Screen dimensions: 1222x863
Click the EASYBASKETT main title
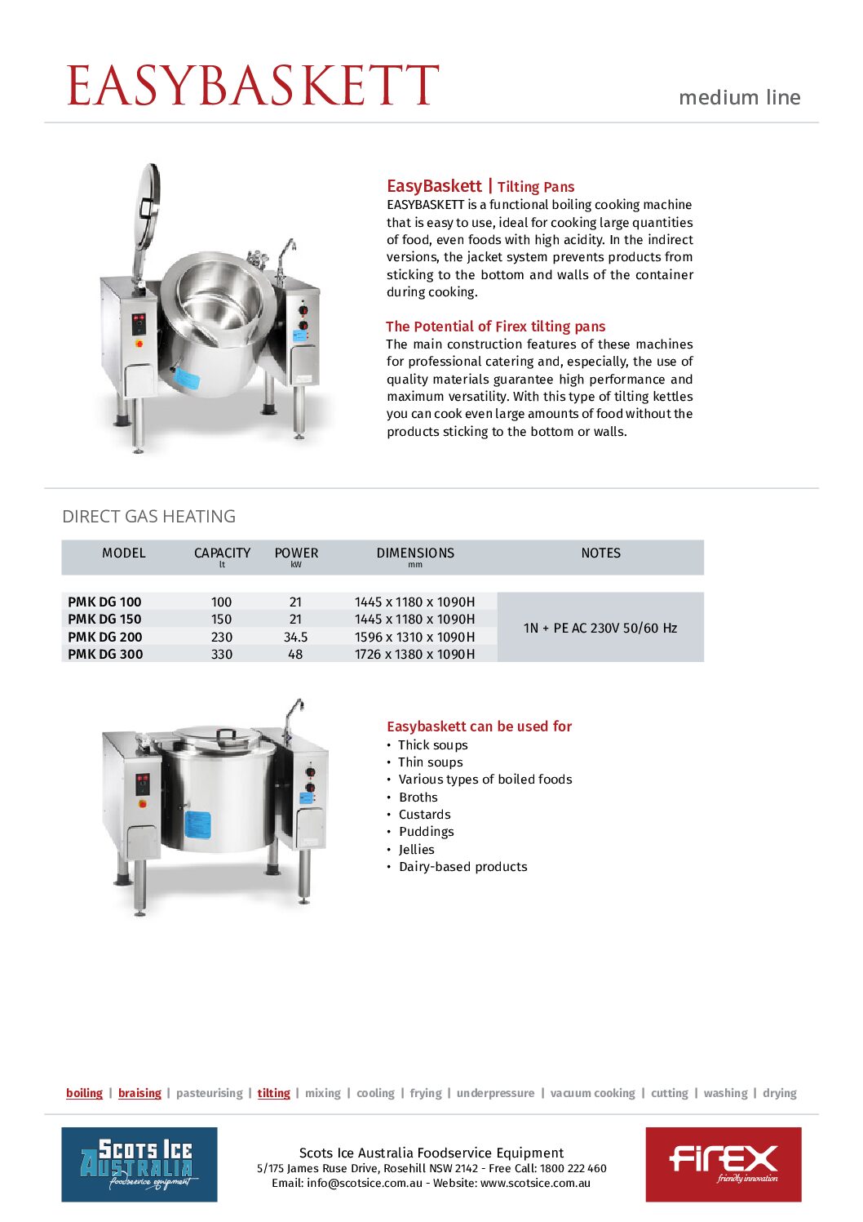click(x=253, y=86)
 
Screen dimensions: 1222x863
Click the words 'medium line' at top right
click(x=739, y=98)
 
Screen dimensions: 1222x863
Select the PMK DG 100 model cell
click(x=104, y=602)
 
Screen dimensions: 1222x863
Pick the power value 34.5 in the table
click(x=295, y=637)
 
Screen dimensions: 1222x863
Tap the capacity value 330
click(x=221, y=654)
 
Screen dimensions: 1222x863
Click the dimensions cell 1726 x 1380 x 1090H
click(x=414, y=654)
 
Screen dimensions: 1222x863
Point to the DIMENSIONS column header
click(x=415, y=553)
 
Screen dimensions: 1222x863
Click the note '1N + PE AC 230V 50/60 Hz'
click(x=600, y=628)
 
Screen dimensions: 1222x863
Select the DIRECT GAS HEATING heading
click(x=148, y=517)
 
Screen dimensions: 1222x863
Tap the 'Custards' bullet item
click(x=424, y=815)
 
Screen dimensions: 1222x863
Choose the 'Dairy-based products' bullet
click(x=462, y=867)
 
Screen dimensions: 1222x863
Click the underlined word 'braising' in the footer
click(x=139, y=1093)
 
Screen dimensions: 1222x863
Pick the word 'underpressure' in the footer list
click(x=495, y=1093)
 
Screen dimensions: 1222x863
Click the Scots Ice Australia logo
click(x=139, y=1164)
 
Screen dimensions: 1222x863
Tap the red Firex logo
click(x=723, y=1164)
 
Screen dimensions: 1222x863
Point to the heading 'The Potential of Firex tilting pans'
click(x=496, y=327)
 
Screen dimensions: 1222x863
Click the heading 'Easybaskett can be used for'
click(x=479, y=727)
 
